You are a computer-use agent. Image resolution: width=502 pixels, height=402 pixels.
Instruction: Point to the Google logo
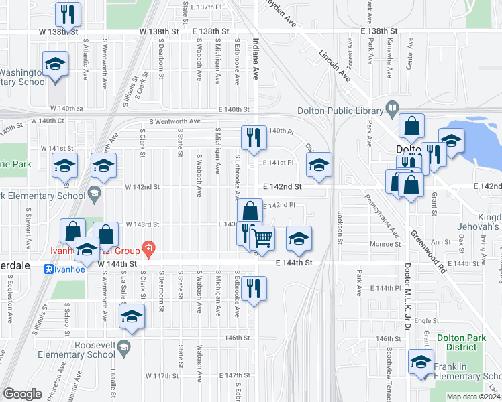click(22, 394)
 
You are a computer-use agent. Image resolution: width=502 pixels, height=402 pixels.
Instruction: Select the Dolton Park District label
click(460, 343)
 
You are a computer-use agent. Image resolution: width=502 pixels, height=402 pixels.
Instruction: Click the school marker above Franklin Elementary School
click(421, 362)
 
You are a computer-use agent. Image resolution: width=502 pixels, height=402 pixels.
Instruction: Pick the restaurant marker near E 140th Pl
click(254, 137)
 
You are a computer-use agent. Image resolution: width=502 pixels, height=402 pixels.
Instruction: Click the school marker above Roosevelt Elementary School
click(132, 316)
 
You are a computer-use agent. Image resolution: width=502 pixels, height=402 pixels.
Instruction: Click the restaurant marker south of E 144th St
click(254, 288)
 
